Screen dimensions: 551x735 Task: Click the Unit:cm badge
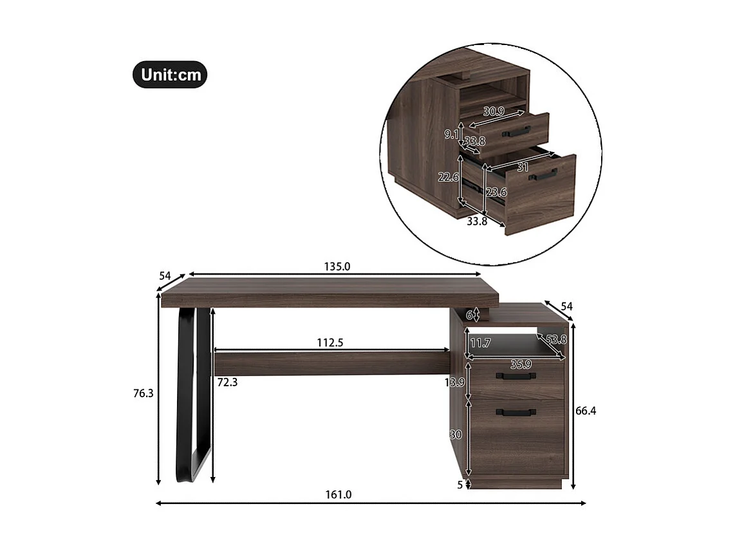tap(170, 75)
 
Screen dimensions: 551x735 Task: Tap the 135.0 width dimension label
tap(338, 266)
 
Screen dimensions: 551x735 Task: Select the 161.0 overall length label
tap(339, 495)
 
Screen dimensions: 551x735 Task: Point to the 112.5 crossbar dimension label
tap(330, 343)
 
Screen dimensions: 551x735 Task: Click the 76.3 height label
tap(143, 393)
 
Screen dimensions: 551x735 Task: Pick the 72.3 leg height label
tap(227, 382)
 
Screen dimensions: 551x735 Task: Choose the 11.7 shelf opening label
tap(480, 343)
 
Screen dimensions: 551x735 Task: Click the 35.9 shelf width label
tap(521, 364)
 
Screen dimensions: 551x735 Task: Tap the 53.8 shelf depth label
tap(557, 340)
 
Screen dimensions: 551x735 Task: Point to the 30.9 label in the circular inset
tap(494, 111)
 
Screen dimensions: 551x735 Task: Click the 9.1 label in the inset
tap(451, 135)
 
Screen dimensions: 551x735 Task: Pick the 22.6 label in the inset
tap(448, 177)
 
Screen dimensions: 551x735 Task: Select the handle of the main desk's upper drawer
tap(515, 376)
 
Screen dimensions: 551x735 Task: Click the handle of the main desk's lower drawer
tap(515, 413)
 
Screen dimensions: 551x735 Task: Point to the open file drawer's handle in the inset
tap(543, 174)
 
